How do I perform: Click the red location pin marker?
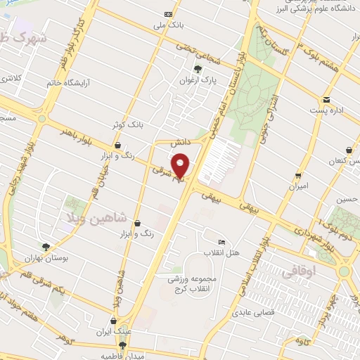pyautogui.click(x=181, y=165)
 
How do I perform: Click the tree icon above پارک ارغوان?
pyautogui.click(x=198, y=69)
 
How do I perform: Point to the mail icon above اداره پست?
pyautogui.click(x=326, y=99)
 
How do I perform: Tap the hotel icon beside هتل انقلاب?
pyautogui.click(x=222, y=242)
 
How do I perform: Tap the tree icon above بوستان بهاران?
pyautogui.click(x=46, y=247)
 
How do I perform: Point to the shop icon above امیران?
pyautogui.click(x=299, y=176)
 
